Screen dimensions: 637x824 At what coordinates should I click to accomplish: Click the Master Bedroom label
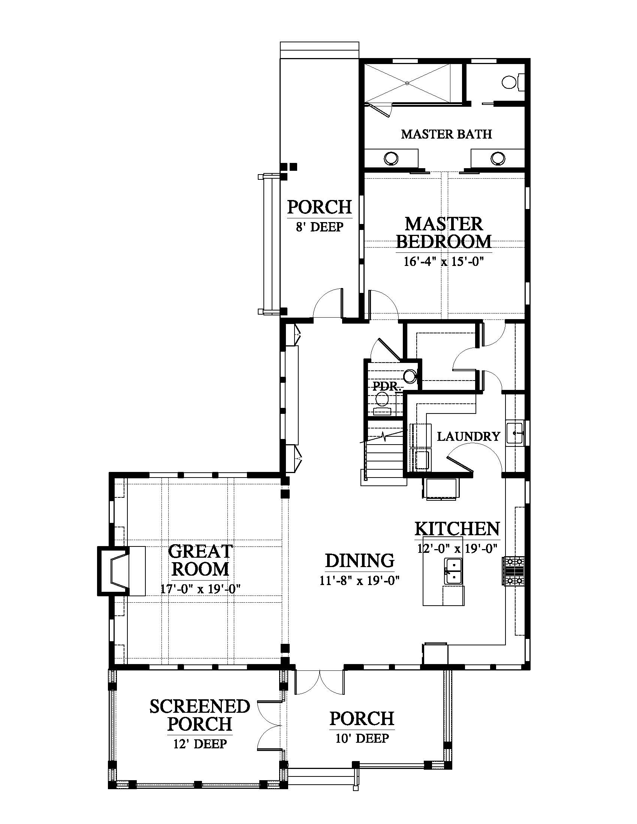[443, 233]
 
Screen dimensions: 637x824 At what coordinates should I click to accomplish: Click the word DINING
[360, 560]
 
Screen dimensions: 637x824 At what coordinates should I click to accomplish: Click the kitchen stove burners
[513, 571]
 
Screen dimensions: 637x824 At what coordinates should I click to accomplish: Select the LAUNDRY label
[468, 436]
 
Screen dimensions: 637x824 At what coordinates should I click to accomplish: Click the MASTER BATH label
[446, 134]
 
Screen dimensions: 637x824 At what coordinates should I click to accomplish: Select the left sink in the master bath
[391, 158]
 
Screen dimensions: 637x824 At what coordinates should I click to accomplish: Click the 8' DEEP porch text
[320, 227]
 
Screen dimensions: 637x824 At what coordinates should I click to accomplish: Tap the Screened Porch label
[200, 715]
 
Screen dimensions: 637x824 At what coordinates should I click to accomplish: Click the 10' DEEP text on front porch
[362, 738]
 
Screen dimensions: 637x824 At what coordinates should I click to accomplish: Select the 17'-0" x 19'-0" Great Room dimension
[200, 588]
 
